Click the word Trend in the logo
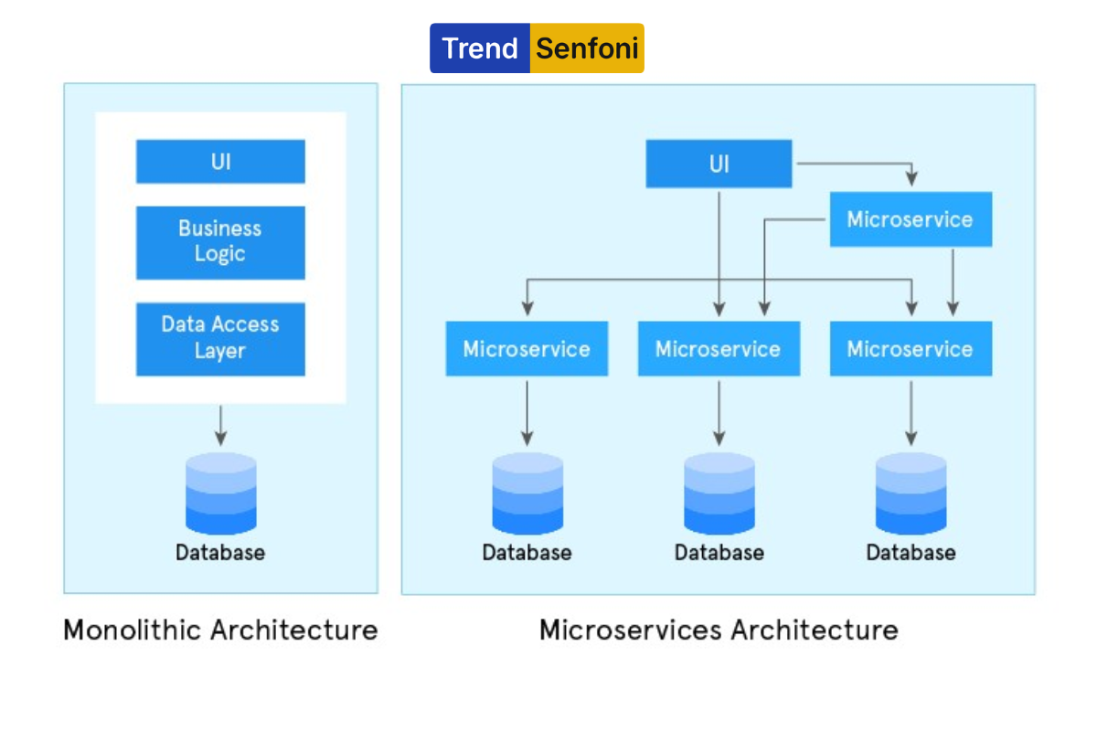pyautogui.click(x=480, y=48)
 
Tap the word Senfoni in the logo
pyautogui.click(x=587, y=48)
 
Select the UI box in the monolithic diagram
pyautogui.click(x=220, y=162)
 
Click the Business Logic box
pyautogui.click(x=220, y=242)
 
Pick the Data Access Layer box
pyautogui.click(x=220, y=338)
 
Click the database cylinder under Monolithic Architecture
pyautogui.click(x=220, y=493)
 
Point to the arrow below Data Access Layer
pyautogui.click(x=220, y=426)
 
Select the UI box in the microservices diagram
pyautogui.click(x=719, y=164)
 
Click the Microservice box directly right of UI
pyautogui.click(x=911, y=219)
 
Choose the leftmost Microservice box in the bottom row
pyautogui.click(x=527, y=349)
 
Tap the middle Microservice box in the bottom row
pyautogui.click(x=719, y=349)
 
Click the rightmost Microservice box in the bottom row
pyautogui.click(x=911, y=349)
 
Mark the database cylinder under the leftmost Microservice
pyautogui.click(x=527, y=493)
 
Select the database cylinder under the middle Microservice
pyautogui.click(x=719, y=493)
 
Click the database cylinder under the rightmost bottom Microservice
pyautogui.click(x=911, y=493)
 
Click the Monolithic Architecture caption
pyautogui.click(x=220, y=630)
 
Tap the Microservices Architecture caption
pyautogui.click(x=719, y=630)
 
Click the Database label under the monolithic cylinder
pyautogui.click(x=220, y=552)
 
